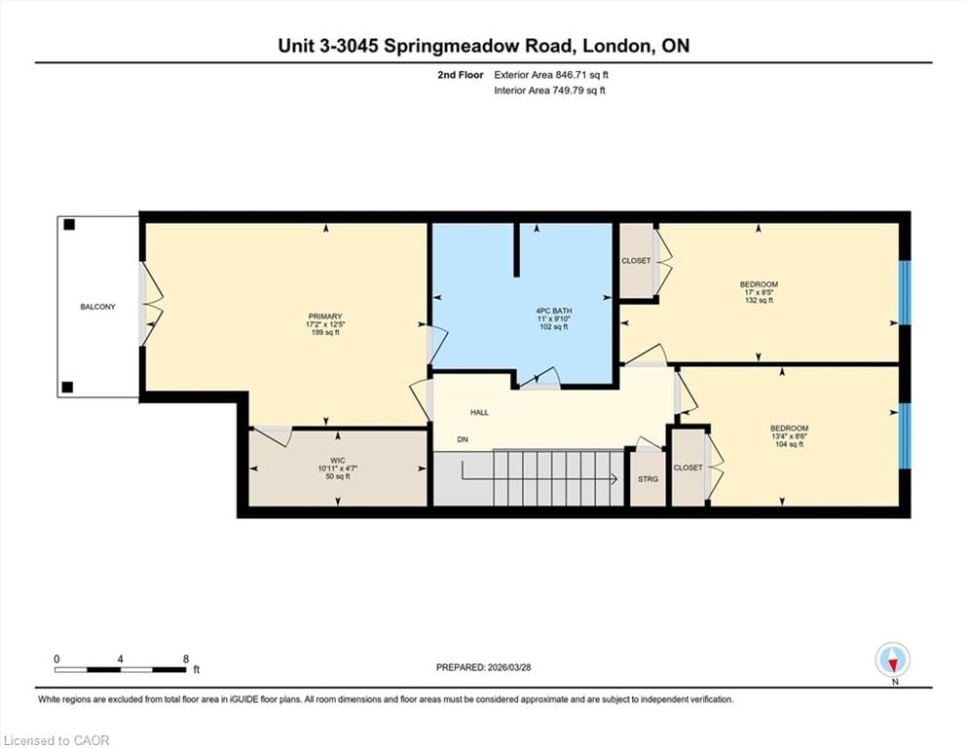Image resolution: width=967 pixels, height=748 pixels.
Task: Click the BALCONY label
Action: [97, 307]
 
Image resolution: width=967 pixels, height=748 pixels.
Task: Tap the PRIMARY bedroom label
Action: [325, 316]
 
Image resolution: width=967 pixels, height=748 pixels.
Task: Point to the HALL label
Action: [479, 413]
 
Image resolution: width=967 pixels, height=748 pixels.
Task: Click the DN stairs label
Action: [465, 440]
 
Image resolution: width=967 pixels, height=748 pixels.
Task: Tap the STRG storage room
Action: [647, 479]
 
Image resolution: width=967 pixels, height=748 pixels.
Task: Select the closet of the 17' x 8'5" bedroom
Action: [636, 261]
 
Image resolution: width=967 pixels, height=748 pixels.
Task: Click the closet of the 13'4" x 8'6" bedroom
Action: [688, 467]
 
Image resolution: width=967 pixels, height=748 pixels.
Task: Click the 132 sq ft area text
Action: [759, 301]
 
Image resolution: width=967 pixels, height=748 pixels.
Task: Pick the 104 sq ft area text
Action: [789, 444]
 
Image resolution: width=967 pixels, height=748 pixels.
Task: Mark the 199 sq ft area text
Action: [325, 332]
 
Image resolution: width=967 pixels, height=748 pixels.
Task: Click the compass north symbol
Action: [893, 660]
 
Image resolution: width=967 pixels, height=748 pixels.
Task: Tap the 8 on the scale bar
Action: [185, 658]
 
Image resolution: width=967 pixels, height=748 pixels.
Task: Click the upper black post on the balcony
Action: [68, 225]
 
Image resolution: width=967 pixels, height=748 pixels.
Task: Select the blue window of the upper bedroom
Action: [904, 292]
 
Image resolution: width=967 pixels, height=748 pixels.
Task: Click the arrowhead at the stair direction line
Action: [614, 478]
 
